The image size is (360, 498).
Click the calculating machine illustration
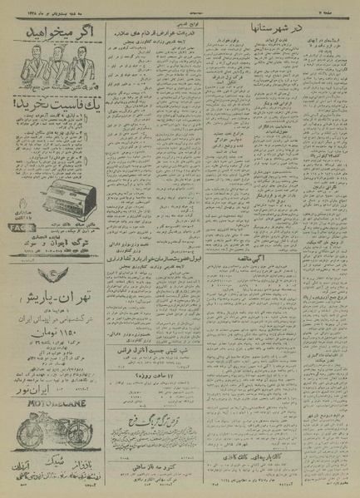pyautogui.click(x=61, y=173)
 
